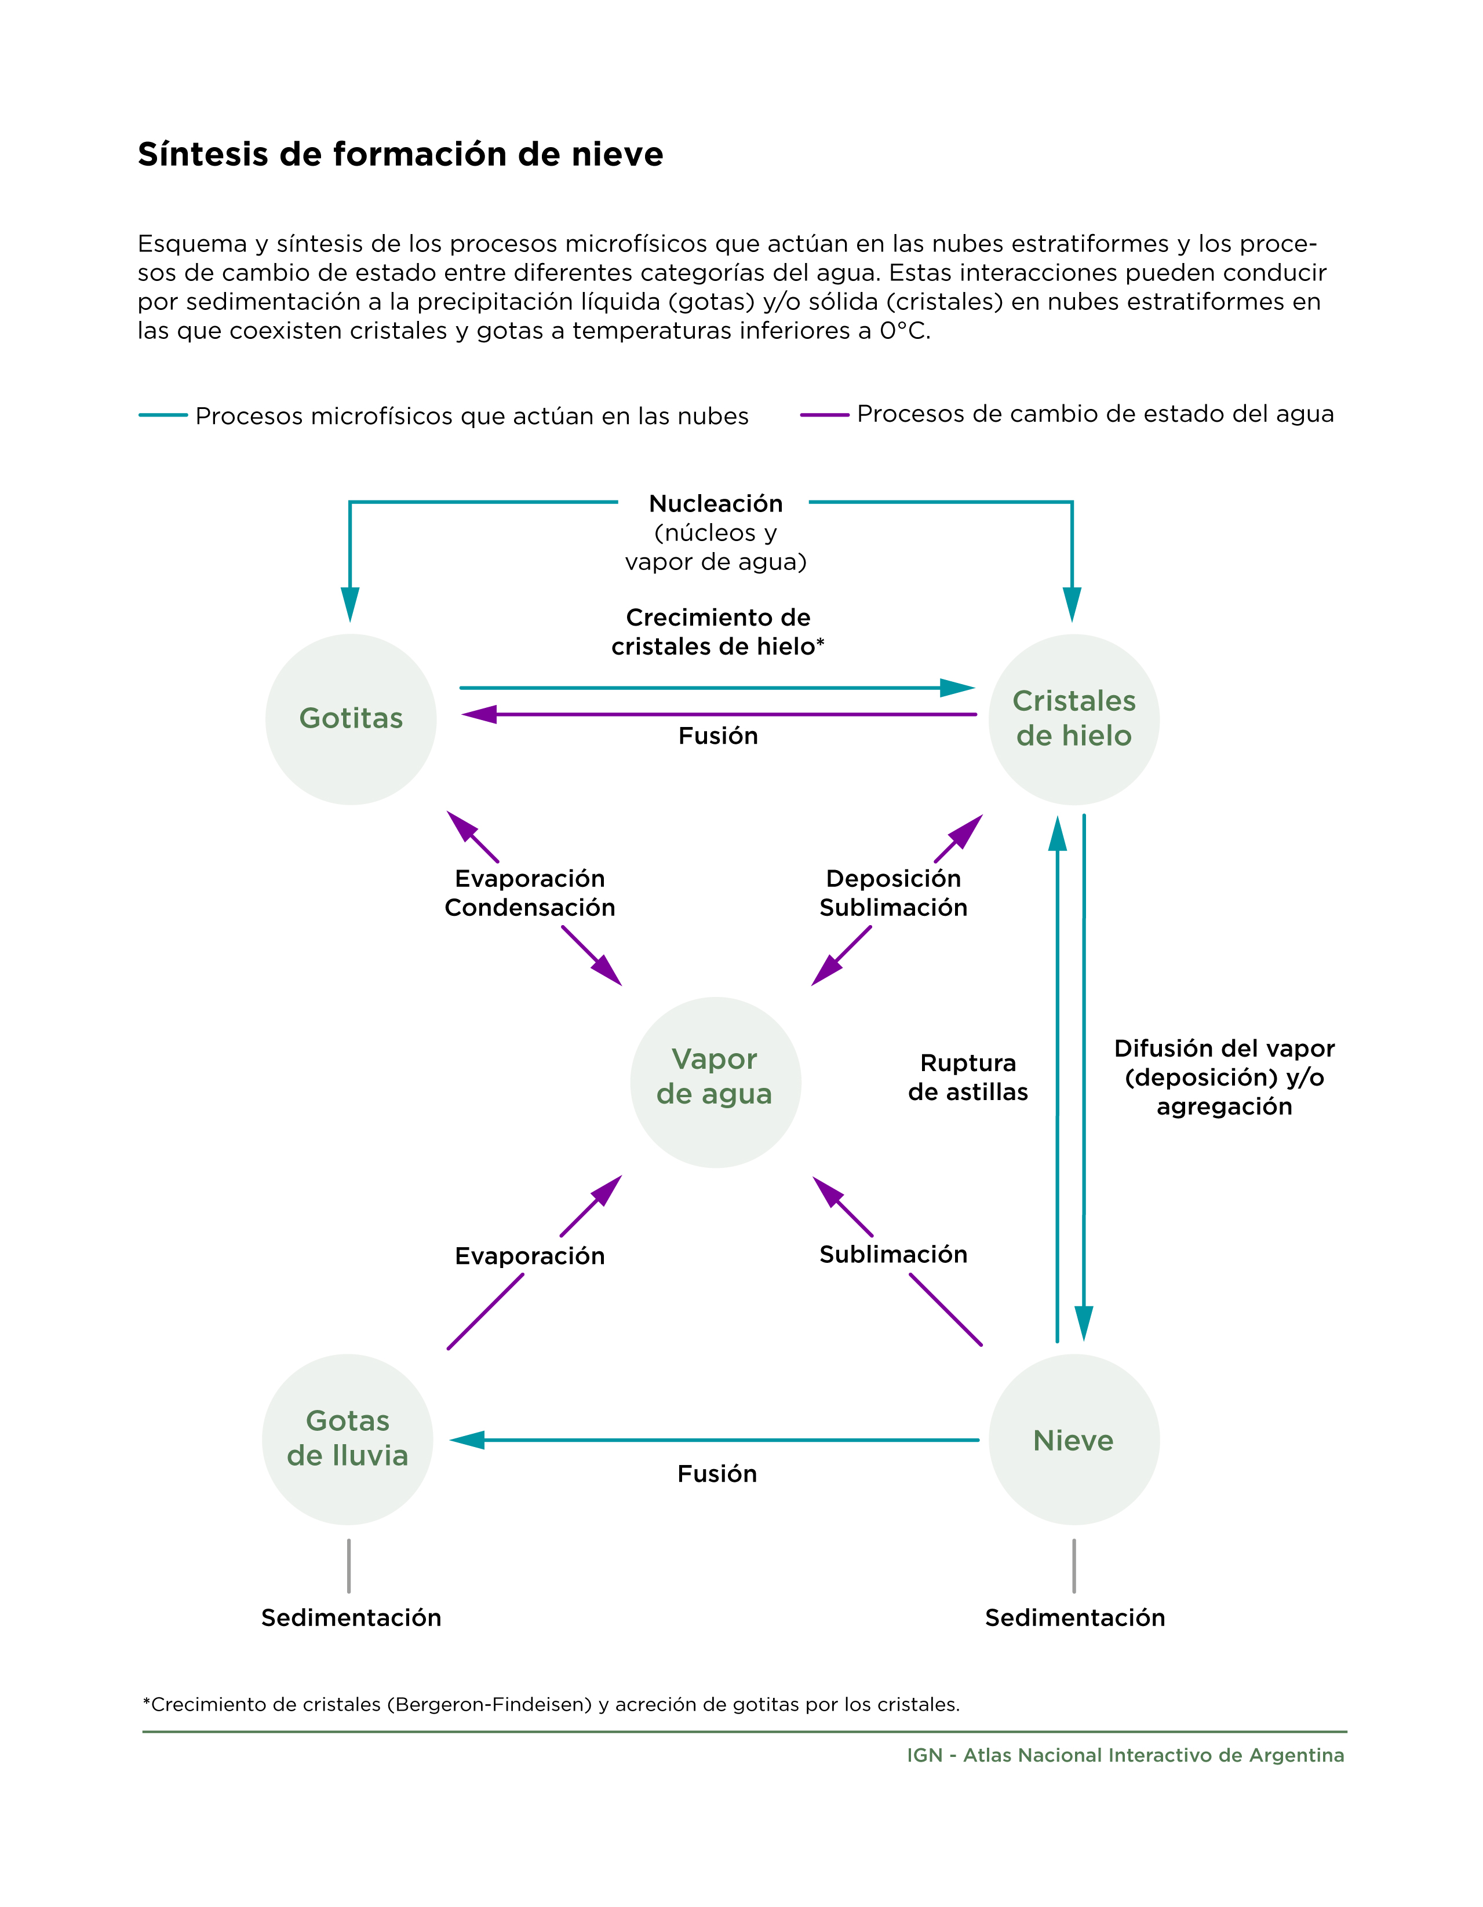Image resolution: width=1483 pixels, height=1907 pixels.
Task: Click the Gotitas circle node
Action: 351,719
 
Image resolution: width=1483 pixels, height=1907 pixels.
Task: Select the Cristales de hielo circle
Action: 1074,719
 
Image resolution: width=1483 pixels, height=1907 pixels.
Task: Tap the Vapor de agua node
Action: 715,1082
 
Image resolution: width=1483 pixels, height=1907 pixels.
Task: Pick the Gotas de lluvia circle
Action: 348,1439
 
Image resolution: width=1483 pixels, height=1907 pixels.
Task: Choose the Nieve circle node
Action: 1074,1439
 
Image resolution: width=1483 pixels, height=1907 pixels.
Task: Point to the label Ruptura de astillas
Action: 968,1077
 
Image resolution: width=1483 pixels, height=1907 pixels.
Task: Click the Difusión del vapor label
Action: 1225,1049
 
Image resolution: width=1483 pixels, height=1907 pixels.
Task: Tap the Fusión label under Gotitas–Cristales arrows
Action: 718,736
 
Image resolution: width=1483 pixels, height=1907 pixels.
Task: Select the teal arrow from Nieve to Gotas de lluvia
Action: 715,1440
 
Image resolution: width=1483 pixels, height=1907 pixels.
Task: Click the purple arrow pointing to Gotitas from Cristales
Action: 719,714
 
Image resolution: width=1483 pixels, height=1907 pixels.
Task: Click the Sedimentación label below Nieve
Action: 1075,1618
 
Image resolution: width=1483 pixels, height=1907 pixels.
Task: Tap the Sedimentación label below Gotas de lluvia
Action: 351,1618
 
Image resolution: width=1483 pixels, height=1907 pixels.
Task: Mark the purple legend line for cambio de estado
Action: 825,415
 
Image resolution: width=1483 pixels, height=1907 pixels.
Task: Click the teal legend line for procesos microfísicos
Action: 163,415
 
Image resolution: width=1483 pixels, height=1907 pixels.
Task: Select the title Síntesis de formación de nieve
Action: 400,155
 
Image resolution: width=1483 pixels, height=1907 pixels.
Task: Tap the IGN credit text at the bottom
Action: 1126,1755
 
